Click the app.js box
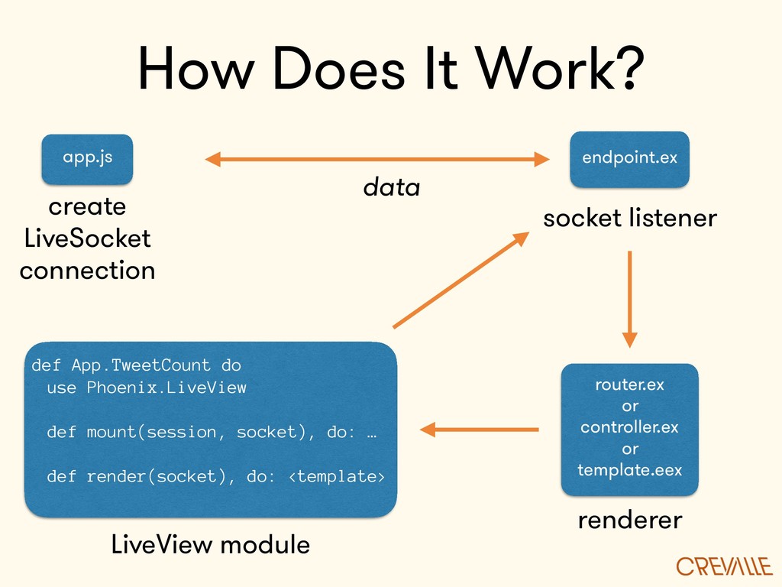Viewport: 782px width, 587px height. click(x=87, y=159)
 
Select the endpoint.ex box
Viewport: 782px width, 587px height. click(x=629, y=159)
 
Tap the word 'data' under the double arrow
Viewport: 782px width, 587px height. click(x=392, y=187)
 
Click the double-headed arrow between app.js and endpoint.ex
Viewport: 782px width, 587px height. click(x=377, y=159)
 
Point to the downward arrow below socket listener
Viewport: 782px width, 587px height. click(x=630, y=299)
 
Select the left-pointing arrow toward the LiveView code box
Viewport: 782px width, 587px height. click(x=480, y=430)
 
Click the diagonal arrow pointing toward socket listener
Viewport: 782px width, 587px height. click(x=460, y=280)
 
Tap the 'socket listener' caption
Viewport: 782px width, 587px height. click(x=630, y=218)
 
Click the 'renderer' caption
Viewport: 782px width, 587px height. click(x=630, y=521)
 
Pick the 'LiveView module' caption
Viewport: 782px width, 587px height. click(x=211, y=544)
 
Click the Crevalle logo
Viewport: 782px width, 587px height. click(x=724, y=566)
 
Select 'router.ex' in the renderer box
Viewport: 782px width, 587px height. click(x=630, y=385)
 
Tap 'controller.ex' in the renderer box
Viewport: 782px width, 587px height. click(x=630, y=427)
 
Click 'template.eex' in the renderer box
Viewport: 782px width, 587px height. click(x=630, y=470)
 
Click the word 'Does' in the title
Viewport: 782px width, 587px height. click(x=339, y=68)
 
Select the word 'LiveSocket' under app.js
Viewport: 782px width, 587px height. click(x=87, y=238)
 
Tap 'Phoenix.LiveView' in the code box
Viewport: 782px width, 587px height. click(x=166, y=388)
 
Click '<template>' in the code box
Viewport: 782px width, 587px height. click(x=337, y=476)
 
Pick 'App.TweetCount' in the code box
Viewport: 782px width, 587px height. click(x=141, y=366)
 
